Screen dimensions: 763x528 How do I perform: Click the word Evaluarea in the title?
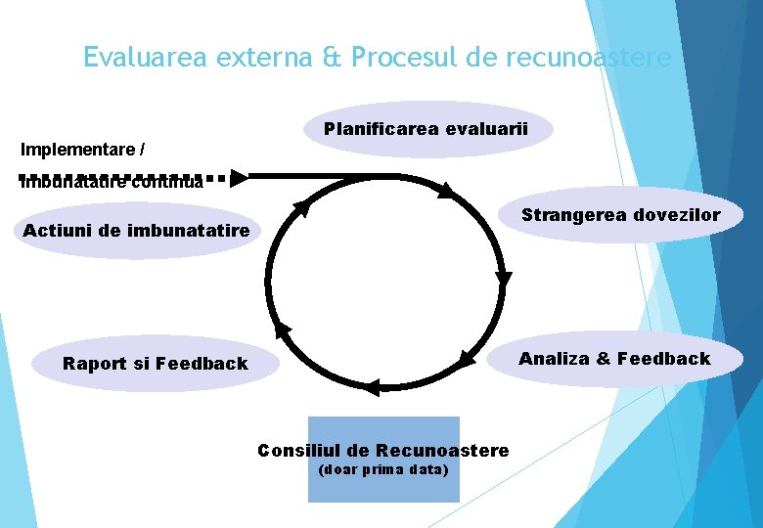click(139, 58)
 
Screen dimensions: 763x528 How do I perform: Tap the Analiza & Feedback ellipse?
click(614, 359)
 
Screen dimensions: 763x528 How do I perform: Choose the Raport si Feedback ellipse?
click(155, 364)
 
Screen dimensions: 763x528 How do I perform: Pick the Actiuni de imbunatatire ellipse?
click(136, 231)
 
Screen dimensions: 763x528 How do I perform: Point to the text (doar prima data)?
click(383, 470)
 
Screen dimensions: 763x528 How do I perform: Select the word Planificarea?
click(381, 129)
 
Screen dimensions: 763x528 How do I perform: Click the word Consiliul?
click(299, 451)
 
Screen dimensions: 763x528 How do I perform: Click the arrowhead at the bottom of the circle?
click(370, 388)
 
